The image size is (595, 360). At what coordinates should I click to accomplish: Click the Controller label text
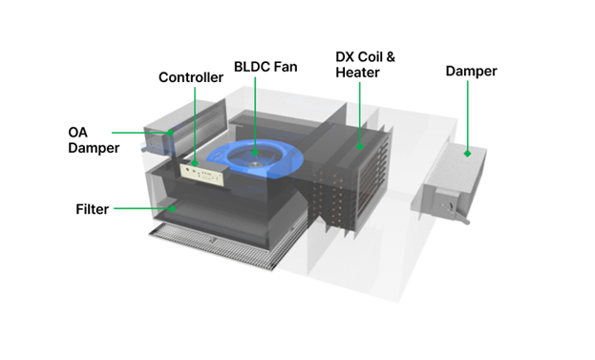point(191,77)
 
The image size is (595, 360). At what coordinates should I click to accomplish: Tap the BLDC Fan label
point(266,67)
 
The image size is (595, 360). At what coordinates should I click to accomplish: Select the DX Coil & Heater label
point(365,65)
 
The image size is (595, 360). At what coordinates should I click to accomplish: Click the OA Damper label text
point(94,140)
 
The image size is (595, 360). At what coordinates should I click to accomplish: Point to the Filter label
point(93,209)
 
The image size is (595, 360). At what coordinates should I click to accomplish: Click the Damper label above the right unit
point(471,71)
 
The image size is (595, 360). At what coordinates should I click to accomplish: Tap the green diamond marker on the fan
point(255,153)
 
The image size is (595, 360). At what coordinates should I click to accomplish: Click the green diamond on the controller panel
point(195,163)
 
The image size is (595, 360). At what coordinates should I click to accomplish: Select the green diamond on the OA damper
point(170,133)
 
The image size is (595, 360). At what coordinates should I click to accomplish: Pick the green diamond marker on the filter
point(172,208)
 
